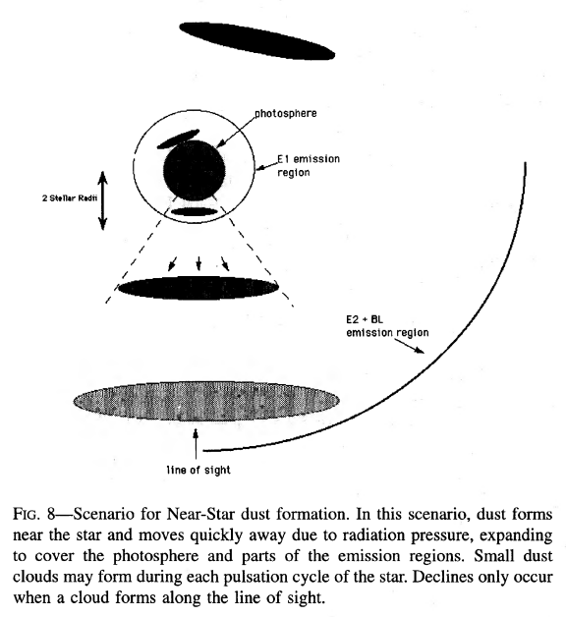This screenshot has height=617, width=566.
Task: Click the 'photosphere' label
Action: tap(286, 113)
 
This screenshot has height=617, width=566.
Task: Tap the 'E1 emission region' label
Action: tap(309, 165)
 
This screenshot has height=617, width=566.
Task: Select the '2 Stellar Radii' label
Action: tap(70, 197)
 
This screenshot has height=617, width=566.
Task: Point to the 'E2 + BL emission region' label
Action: tap(387, 326)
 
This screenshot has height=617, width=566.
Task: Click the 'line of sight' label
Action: tap(198, 470)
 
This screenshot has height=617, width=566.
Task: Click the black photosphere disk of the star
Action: tap(195, 169)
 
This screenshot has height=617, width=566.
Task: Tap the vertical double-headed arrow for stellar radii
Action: tap(102, 200)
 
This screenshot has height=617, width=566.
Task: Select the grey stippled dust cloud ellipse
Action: tap(206, 401)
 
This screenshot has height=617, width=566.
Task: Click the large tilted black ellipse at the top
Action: tap(257, 41)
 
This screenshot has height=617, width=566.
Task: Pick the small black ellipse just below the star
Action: tap(195, 211)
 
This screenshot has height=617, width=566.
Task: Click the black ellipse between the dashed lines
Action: tap(198, 287)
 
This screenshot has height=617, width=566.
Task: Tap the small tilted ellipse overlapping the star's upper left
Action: tap(178, 140)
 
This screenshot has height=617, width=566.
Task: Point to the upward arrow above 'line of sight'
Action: tap(196, 444)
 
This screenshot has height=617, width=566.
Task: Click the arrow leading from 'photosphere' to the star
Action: tap(236, 133)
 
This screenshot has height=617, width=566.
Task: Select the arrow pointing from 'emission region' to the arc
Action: tap(410, 346)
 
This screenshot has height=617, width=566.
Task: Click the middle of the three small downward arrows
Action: tap(198, 263)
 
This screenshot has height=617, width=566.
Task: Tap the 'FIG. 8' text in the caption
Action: tap(33, 514)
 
